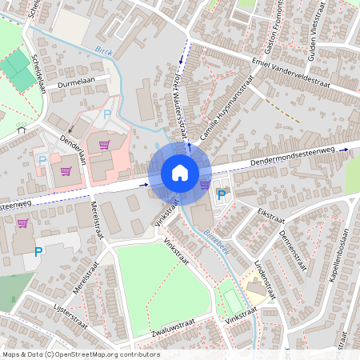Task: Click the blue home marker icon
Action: [179, 172]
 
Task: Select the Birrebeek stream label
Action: [214, 239]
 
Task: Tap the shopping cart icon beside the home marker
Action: [205, 183]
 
